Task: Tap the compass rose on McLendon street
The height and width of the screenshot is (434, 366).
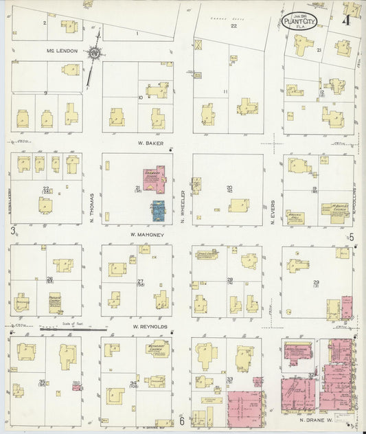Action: (95, 52)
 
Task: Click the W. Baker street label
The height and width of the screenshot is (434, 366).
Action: (147, 143)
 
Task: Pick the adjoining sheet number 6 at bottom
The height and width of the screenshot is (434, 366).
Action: (182, 420)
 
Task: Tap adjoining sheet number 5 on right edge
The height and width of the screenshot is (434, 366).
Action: (351, 237)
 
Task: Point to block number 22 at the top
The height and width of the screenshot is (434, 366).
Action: (233, 26)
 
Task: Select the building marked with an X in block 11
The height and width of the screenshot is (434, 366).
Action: (199, 45)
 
